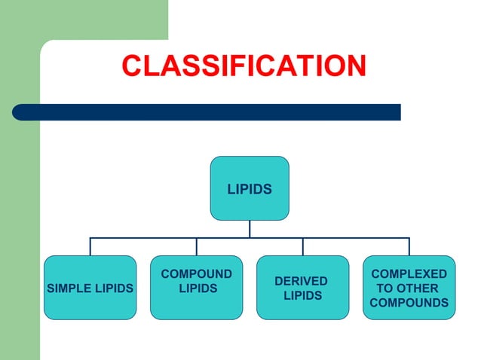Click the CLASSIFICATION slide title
click(244, 66)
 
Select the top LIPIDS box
click(250, 188)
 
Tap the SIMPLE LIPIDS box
click(90, 288)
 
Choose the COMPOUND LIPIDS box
click(197, 288)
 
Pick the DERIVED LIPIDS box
click(302, 288)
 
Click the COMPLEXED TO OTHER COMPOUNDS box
click(409, 288)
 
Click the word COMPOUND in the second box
click(197, 274)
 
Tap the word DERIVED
click(301, 281)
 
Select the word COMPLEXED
click(409, 274)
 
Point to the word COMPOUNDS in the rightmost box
click(409, 303)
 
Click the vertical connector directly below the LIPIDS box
click(250, 229)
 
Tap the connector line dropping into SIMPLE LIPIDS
click(90, 247)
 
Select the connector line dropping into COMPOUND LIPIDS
click(197, 247)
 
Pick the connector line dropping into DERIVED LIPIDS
click(303, 247)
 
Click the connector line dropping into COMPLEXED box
click(409, 247)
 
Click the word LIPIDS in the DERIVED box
click(302, 296)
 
